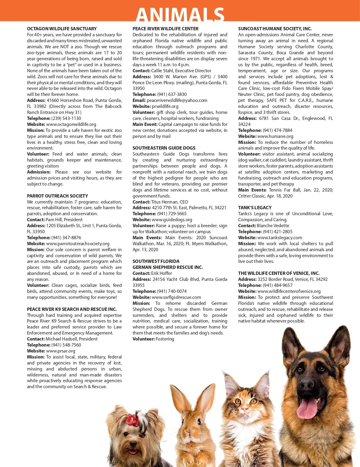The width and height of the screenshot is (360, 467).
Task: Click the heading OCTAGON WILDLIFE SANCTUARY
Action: [x=62, y=29]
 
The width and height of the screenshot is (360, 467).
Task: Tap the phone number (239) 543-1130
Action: [x=66, y=118]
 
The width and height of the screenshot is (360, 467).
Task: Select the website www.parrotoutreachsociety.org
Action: [x=78, y=244]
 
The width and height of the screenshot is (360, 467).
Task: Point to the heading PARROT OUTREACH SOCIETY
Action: [x=57, y=196]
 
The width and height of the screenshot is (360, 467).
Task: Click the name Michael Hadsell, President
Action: [x=71, y=339]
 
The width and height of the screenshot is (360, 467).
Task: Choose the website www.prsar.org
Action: [x=61, y=351]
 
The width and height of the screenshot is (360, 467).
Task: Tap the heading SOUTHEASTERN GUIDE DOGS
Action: [x=164, y=148]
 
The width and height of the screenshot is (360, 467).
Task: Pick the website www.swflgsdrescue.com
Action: [x=176, y=297]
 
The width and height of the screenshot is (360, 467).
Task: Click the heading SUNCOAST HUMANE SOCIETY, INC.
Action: [x=275, y=29]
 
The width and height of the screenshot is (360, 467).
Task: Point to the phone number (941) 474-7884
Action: [x=277, y=130]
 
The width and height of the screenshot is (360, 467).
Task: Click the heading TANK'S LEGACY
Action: [x=255, y=208]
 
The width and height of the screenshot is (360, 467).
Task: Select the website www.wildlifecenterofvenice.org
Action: [x=289, y=291]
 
